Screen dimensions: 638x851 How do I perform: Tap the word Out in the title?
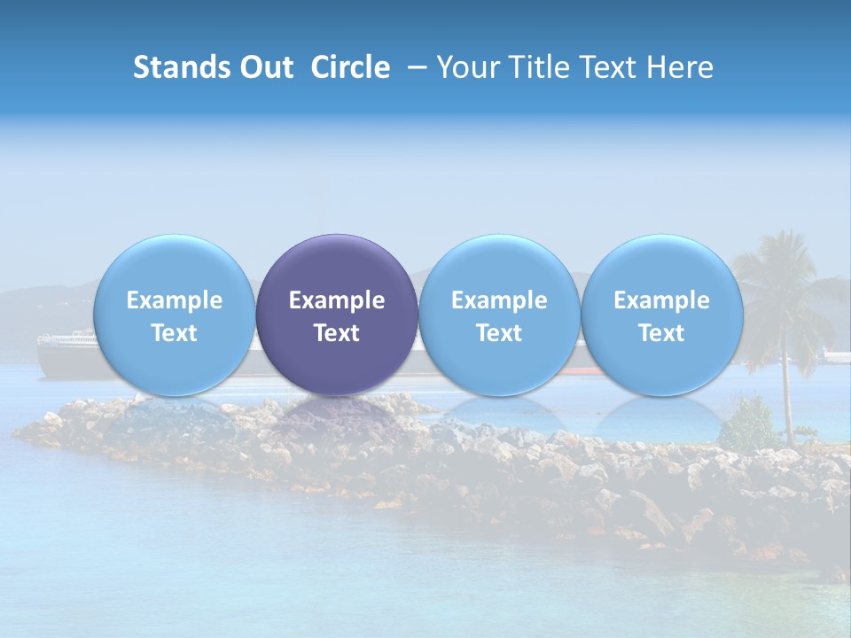click(263, 67)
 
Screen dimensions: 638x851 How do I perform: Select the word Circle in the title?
click(350, 67)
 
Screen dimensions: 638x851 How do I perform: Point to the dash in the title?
click(415, 68)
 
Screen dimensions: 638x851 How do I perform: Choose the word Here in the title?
click(679, 67)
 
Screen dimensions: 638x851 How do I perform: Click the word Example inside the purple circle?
click(337, 300)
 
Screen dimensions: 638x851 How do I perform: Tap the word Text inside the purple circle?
click(337, 333)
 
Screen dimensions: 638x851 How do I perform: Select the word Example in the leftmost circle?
click(175, 300)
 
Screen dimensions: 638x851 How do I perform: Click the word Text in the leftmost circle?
click(175, 333)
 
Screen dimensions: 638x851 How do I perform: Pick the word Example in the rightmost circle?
click(661, 300)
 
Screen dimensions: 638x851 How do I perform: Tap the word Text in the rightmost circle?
click(661, 333)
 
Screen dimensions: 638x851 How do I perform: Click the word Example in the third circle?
click(499, 300)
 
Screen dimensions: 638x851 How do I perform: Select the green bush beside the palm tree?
click(749, 424)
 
